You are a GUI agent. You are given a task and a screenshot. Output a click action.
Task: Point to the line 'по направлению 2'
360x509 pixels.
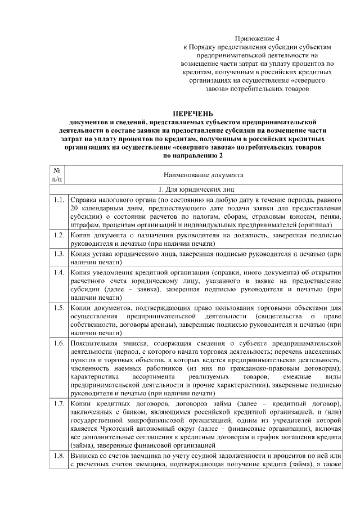pos(193,155)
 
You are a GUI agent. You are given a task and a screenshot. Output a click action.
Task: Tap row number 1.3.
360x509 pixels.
pos(58,254)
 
